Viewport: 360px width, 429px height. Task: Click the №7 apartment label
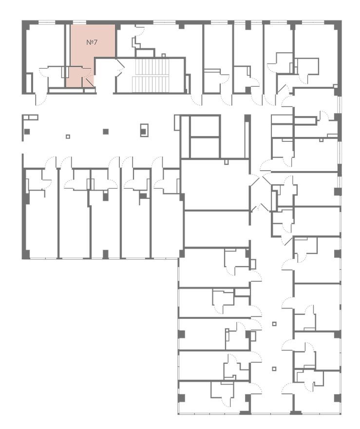point(92,42)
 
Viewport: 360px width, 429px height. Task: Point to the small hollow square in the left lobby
point(68,136)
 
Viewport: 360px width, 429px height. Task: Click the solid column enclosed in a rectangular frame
point(144,130)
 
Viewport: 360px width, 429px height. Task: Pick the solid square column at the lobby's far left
point(27,132)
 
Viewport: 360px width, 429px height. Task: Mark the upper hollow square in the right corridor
point(274,324)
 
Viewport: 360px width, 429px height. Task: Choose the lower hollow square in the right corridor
point(274,368)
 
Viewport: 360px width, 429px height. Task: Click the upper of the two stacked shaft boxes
point(205,126)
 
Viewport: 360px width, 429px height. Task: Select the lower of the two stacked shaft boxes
point(205,147)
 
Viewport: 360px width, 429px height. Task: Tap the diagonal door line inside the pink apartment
point(88,82)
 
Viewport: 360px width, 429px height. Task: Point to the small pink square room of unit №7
point(75,77)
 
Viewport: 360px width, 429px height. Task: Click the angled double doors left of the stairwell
point(120,68)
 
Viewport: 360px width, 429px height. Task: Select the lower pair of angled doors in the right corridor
point(261,208)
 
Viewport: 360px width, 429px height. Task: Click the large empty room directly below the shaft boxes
point(215,185)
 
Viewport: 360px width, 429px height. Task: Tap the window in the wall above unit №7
point(79,22)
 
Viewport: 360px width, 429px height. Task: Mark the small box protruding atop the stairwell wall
point(164,55)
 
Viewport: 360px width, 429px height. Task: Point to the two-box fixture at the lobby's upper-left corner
point(30,117)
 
